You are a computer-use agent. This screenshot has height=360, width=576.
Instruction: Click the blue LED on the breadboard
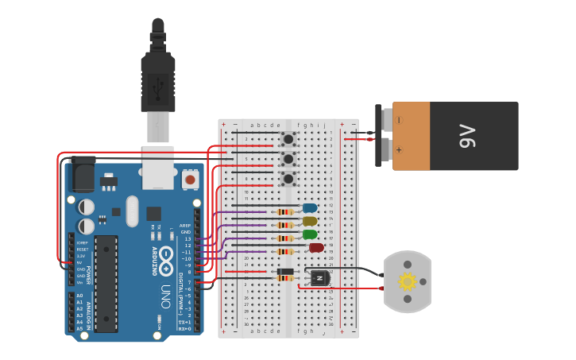tap(310, 208)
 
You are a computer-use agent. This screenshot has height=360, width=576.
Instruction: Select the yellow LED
tap(310, 221)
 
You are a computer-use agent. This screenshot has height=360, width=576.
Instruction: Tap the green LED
tap(310, 234)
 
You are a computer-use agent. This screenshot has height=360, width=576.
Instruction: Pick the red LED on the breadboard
tap(316, 248)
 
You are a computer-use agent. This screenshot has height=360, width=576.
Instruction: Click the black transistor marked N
tap(319, 277)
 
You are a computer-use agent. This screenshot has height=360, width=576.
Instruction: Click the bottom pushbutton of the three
tap(288, 179)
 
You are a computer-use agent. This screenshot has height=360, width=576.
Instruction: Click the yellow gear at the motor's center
tap(408, 281)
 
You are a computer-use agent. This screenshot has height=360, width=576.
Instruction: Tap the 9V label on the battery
tap(466, 136)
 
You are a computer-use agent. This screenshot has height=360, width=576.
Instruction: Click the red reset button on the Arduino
tap(190, 180)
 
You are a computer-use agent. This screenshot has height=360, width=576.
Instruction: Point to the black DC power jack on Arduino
tap(83, 172)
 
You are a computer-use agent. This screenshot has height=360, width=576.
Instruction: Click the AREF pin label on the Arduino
tap(185, 225)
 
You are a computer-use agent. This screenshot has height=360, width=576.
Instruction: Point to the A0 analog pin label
tap(79, 296)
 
